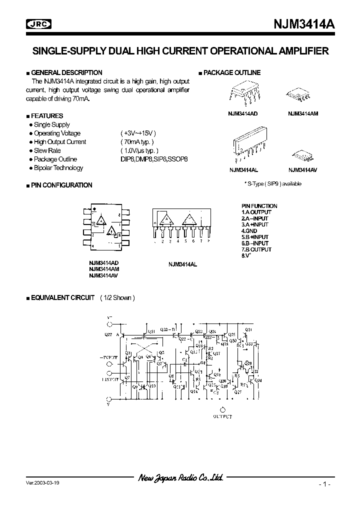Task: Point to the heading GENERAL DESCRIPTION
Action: pyautogui.click(x=66, y=72)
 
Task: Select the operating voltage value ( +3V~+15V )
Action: pyautogui.click(x=138, y=133)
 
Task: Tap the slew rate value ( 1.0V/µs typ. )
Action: pyautogui.click(x=139, y=150)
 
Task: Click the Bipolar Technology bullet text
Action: pyautogui.click(x=58, y=168)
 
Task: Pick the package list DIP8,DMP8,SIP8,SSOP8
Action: pyautogui.click(x=154, y=159)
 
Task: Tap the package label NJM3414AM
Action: pyautogui.click(x=303, y=113)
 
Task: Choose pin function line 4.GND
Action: pyautogui.click(x=249, y=231)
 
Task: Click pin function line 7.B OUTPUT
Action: pyautogui.click(x=256, y=249)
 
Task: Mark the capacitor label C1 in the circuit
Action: pyautogui.click(x=184, y=359)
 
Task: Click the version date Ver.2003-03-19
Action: pyautogui.click(x=45, y=484)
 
